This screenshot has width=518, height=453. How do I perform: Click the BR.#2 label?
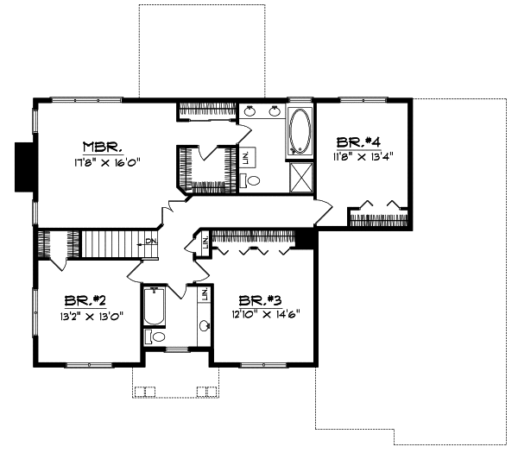(85, 300)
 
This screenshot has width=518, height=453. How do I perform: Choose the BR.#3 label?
(258, 300)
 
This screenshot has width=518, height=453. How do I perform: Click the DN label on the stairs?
(149, 241)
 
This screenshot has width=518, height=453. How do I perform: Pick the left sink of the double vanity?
(250, 110)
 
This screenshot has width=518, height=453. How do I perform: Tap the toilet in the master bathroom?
(253, 181)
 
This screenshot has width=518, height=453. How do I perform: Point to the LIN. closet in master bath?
(246, 157)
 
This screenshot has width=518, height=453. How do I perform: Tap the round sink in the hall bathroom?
(205, 326)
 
